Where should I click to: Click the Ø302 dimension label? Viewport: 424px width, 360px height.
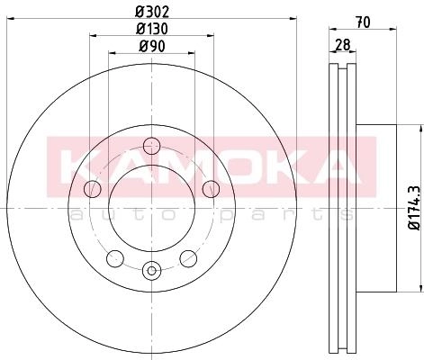tap(152, 12)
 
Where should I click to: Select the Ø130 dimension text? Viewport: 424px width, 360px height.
tap(152, 29)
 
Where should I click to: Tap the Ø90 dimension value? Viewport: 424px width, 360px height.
tap(152, 47)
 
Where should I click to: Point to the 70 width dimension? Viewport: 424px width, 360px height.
tap(363, 22)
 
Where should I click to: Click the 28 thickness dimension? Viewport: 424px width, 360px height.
tap(343, 45)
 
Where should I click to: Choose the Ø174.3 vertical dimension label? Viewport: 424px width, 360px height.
tap(415, 208)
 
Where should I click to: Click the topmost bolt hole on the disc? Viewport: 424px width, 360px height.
tap(151, 146)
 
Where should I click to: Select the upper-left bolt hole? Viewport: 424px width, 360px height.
tap(93, 189)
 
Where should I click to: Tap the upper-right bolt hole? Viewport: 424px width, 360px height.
tap(211, 189)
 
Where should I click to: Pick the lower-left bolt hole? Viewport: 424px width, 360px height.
tap(115, 258)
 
